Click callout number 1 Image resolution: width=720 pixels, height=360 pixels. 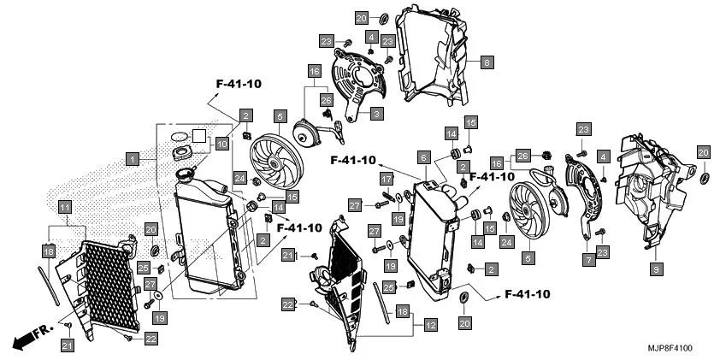[x=132, y=158]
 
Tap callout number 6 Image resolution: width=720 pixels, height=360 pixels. [x=422, y=157]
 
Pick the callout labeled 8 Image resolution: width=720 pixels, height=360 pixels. [x=486, y=62]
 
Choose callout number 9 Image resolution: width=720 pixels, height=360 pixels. [x=656, y=269]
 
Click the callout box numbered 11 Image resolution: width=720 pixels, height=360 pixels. [x=65, y=206]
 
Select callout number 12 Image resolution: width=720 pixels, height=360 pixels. [x=430, y=325]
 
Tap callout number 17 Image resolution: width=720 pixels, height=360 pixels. [x=387, y=180]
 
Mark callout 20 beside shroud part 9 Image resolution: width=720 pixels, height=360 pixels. [x=703, y=151]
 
